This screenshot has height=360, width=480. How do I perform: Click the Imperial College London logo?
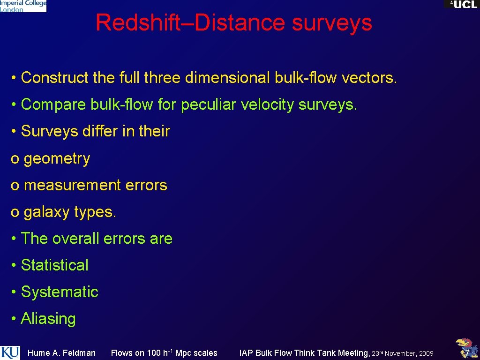coord(23,6)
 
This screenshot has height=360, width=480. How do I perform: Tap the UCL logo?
coord(462,4)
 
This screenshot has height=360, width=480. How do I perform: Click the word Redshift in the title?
coord(138,22)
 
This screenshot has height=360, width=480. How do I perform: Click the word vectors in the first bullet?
coord(369,78)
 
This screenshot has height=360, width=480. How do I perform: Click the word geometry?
coord(57,159)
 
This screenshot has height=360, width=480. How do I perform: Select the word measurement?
coord(72,185)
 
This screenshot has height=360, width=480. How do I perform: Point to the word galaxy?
coord(47,212)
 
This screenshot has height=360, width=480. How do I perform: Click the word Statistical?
coord(54,265)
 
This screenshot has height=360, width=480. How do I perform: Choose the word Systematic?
coord(60,292)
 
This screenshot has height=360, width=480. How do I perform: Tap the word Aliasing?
coord(48,319)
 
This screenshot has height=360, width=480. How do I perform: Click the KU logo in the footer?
coord(10,352)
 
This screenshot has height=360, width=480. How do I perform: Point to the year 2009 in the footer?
coord(426,353)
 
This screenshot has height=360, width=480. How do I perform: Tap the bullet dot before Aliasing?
coord(14,319)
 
